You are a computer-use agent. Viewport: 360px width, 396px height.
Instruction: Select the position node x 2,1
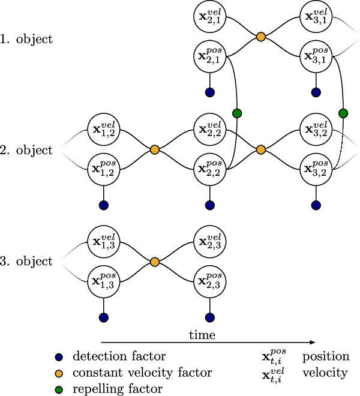[x=209, y=57]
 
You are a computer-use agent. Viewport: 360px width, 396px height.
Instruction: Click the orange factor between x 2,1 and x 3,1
[x=260, y=37]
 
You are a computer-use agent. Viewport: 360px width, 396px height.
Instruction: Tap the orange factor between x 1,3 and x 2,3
[x=155, y=262]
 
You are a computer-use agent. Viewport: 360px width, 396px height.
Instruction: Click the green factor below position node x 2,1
[x=236, y=113]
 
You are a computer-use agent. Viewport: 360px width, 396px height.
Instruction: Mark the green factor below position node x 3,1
[x=343, y=113]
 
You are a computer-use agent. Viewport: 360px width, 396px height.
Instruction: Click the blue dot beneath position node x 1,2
[x=103, y=205]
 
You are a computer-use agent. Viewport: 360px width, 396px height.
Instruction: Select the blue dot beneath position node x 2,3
[x=209, y=317]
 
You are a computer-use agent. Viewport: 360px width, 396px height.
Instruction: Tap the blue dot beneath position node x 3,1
[x=316, y=93]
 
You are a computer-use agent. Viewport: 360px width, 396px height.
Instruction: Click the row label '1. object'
[x=27, y=40]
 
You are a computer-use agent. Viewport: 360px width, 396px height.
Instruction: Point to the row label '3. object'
[x=27, y=262]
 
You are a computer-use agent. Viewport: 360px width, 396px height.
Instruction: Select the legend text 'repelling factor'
[x=118, y=389]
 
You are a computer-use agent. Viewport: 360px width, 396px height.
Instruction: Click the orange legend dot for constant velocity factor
[x=58, y=373]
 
